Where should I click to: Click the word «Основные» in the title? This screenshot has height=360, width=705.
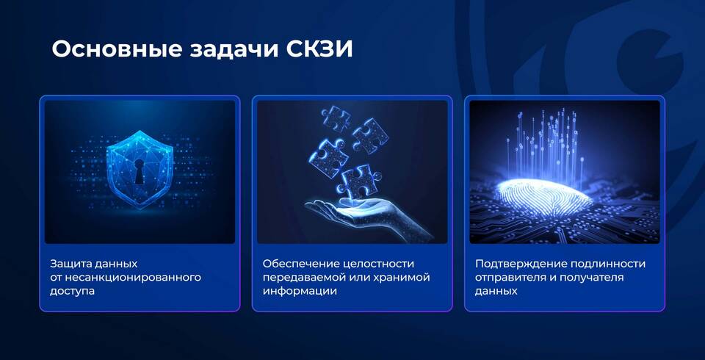point(117,49)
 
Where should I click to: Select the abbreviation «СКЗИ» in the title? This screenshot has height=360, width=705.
point(319,49)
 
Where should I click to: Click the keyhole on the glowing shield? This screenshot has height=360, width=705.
point(140,171)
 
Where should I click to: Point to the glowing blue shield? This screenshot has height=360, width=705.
point(140,169)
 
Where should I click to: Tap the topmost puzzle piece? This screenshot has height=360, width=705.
point(336,118)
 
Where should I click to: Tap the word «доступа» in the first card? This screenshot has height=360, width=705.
point(73,291)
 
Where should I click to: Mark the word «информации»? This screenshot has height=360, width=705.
point(300,291)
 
